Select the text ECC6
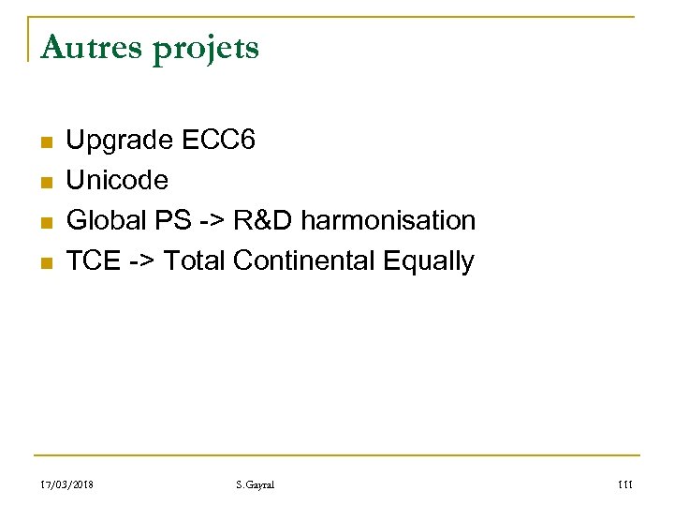click(218, 141)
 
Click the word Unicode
click(118, 180)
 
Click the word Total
click(194, 260)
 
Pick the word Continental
click(305, 260)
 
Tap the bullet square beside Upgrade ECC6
click(45, 143)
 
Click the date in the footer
click(68, 484)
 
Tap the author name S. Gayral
click(256, 484)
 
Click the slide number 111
click(626, 484)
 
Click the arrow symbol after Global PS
click(212, 221)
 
